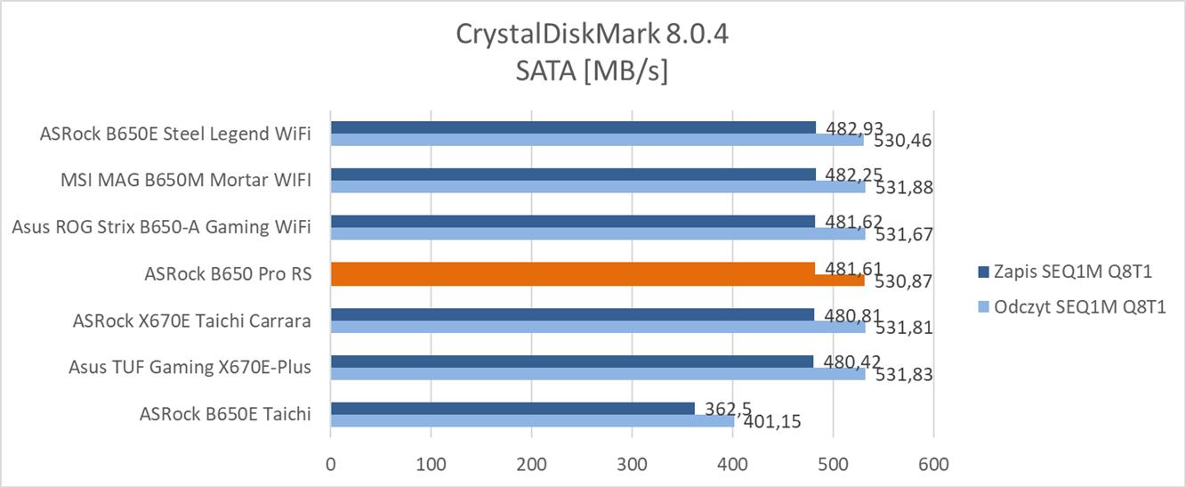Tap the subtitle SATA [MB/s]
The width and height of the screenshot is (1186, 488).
click(x=592, y=70)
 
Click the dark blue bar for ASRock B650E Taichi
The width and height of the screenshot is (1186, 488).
click(x=512, y=409)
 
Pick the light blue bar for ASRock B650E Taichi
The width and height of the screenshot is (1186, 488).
click(x=531, y=420)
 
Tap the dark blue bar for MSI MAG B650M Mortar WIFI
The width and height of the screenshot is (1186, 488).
click(x=572, y=175)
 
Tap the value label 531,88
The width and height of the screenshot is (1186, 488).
click(x=899, y=187)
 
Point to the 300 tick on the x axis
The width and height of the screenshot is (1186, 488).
click(x=632, y=465)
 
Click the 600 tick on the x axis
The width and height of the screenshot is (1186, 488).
click(x=933, y=465)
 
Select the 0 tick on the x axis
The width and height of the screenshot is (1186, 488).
click(x=331, y=465)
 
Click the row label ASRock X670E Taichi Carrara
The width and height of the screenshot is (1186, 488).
click(x=192, y=321)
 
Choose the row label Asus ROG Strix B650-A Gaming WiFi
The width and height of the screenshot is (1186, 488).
click(x=161, y=227)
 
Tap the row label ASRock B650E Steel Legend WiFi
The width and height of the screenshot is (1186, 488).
click(x=175, y=134)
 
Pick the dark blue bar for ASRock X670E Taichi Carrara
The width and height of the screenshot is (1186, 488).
click(x=572, y=314)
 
